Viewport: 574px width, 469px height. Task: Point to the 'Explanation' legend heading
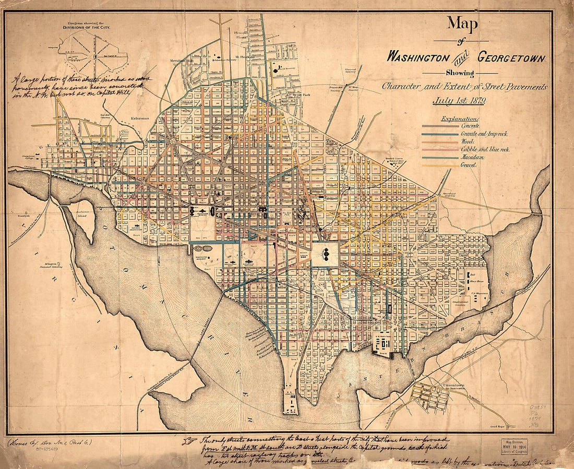(460, 118)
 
